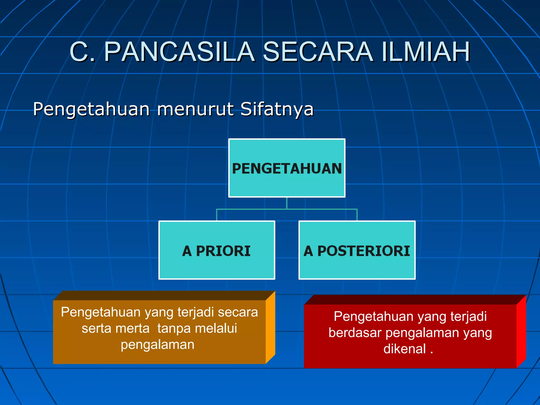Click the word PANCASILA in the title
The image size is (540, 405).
pyautogui.click(x=179, y=52)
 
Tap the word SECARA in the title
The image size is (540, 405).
pyautogui.click(x=318, y=52)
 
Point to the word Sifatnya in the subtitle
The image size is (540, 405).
pyautogui.click(x=277, y=109)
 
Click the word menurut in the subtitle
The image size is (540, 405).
pyautogui.click(x=195, y=109)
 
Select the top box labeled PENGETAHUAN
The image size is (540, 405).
pyautogui.click(x=287, y=168)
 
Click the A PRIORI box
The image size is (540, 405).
pyautogui.click(x=217, y=250)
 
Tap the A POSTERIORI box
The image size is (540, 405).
pyautogui.click(x=357, y=250)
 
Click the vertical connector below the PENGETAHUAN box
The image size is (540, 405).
pyautogui.click(x=287, y=203)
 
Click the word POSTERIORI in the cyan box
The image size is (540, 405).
pyautogui.click(x=364, y=251)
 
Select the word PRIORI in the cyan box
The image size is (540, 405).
pyautogui.click(x=223, y=251)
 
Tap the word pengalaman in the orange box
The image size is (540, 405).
pyautogui.click(x=157, y=345)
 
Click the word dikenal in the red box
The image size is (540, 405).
pyautogui.click(x=404, y=349)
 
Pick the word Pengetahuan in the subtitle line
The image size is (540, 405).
pyautogui.click(x=91, y=109)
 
